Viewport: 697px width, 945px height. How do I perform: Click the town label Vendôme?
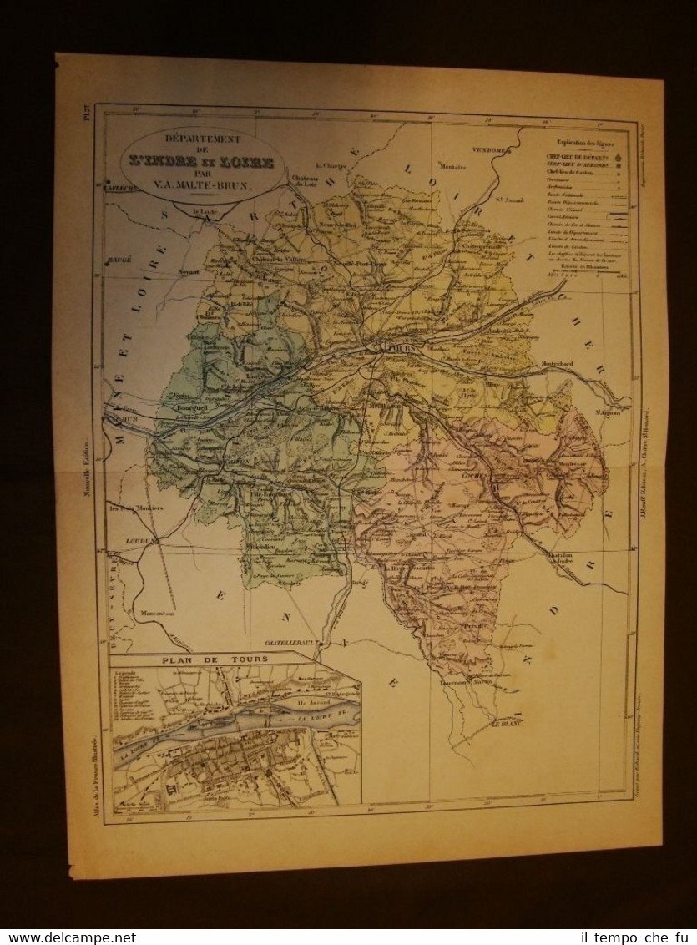492,150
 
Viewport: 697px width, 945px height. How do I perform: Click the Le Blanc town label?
505,724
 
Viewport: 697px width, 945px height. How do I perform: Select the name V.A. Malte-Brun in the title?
203,188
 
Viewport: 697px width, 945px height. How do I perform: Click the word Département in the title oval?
202,139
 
